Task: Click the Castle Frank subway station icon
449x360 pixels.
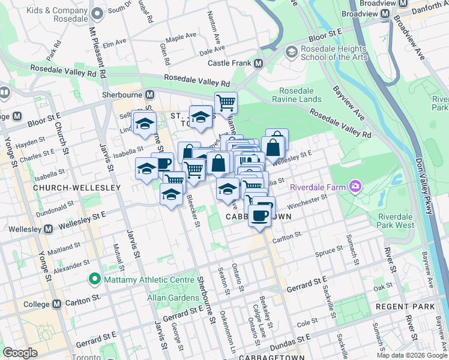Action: [x=259, y=63]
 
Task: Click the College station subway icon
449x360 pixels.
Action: [x=57, y=304]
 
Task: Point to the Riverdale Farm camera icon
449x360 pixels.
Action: [x=355, y=187]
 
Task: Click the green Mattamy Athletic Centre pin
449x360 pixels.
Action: [x=94, y=278]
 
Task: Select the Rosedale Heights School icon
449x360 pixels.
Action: [x=292, y=52]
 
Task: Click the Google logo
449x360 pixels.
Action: [x=20, y=353]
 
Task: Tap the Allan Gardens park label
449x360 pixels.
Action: [x=170, y=298]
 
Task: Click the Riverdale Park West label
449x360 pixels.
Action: [x=396, y=221]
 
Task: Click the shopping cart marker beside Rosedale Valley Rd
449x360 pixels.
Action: [x=226, y=102]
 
